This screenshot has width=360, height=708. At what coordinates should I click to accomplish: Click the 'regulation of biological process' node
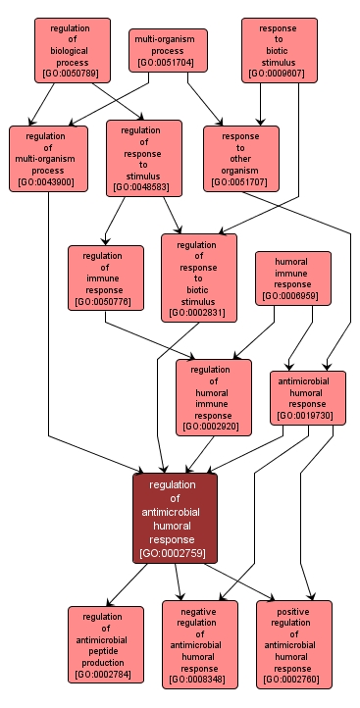(72, 50)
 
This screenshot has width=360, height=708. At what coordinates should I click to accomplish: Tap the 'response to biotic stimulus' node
(278, 49)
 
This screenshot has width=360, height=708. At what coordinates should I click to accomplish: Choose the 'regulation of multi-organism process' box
(48, 157)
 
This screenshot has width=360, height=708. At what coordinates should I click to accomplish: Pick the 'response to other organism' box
(240, 157)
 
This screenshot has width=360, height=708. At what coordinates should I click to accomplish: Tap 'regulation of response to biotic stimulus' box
(198, 278)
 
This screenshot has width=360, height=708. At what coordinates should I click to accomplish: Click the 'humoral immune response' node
(293, 278)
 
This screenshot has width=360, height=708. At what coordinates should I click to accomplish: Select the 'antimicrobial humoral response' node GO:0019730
(308, 397)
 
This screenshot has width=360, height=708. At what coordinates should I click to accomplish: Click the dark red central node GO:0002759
(175, 518)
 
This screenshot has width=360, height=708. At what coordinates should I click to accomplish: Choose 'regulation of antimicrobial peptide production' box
(106, 643)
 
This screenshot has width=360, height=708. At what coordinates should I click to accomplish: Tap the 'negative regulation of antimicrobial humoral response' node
(199, 643)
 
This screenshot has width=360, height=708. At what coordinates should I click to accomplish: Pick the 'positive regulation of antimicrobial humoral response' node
(294, 643)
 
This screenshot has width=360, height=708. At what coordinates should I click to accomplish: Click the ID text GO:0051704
(168, 63)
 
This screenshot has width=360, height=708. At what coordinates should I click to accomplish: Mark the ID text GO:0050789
(72, 73)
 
